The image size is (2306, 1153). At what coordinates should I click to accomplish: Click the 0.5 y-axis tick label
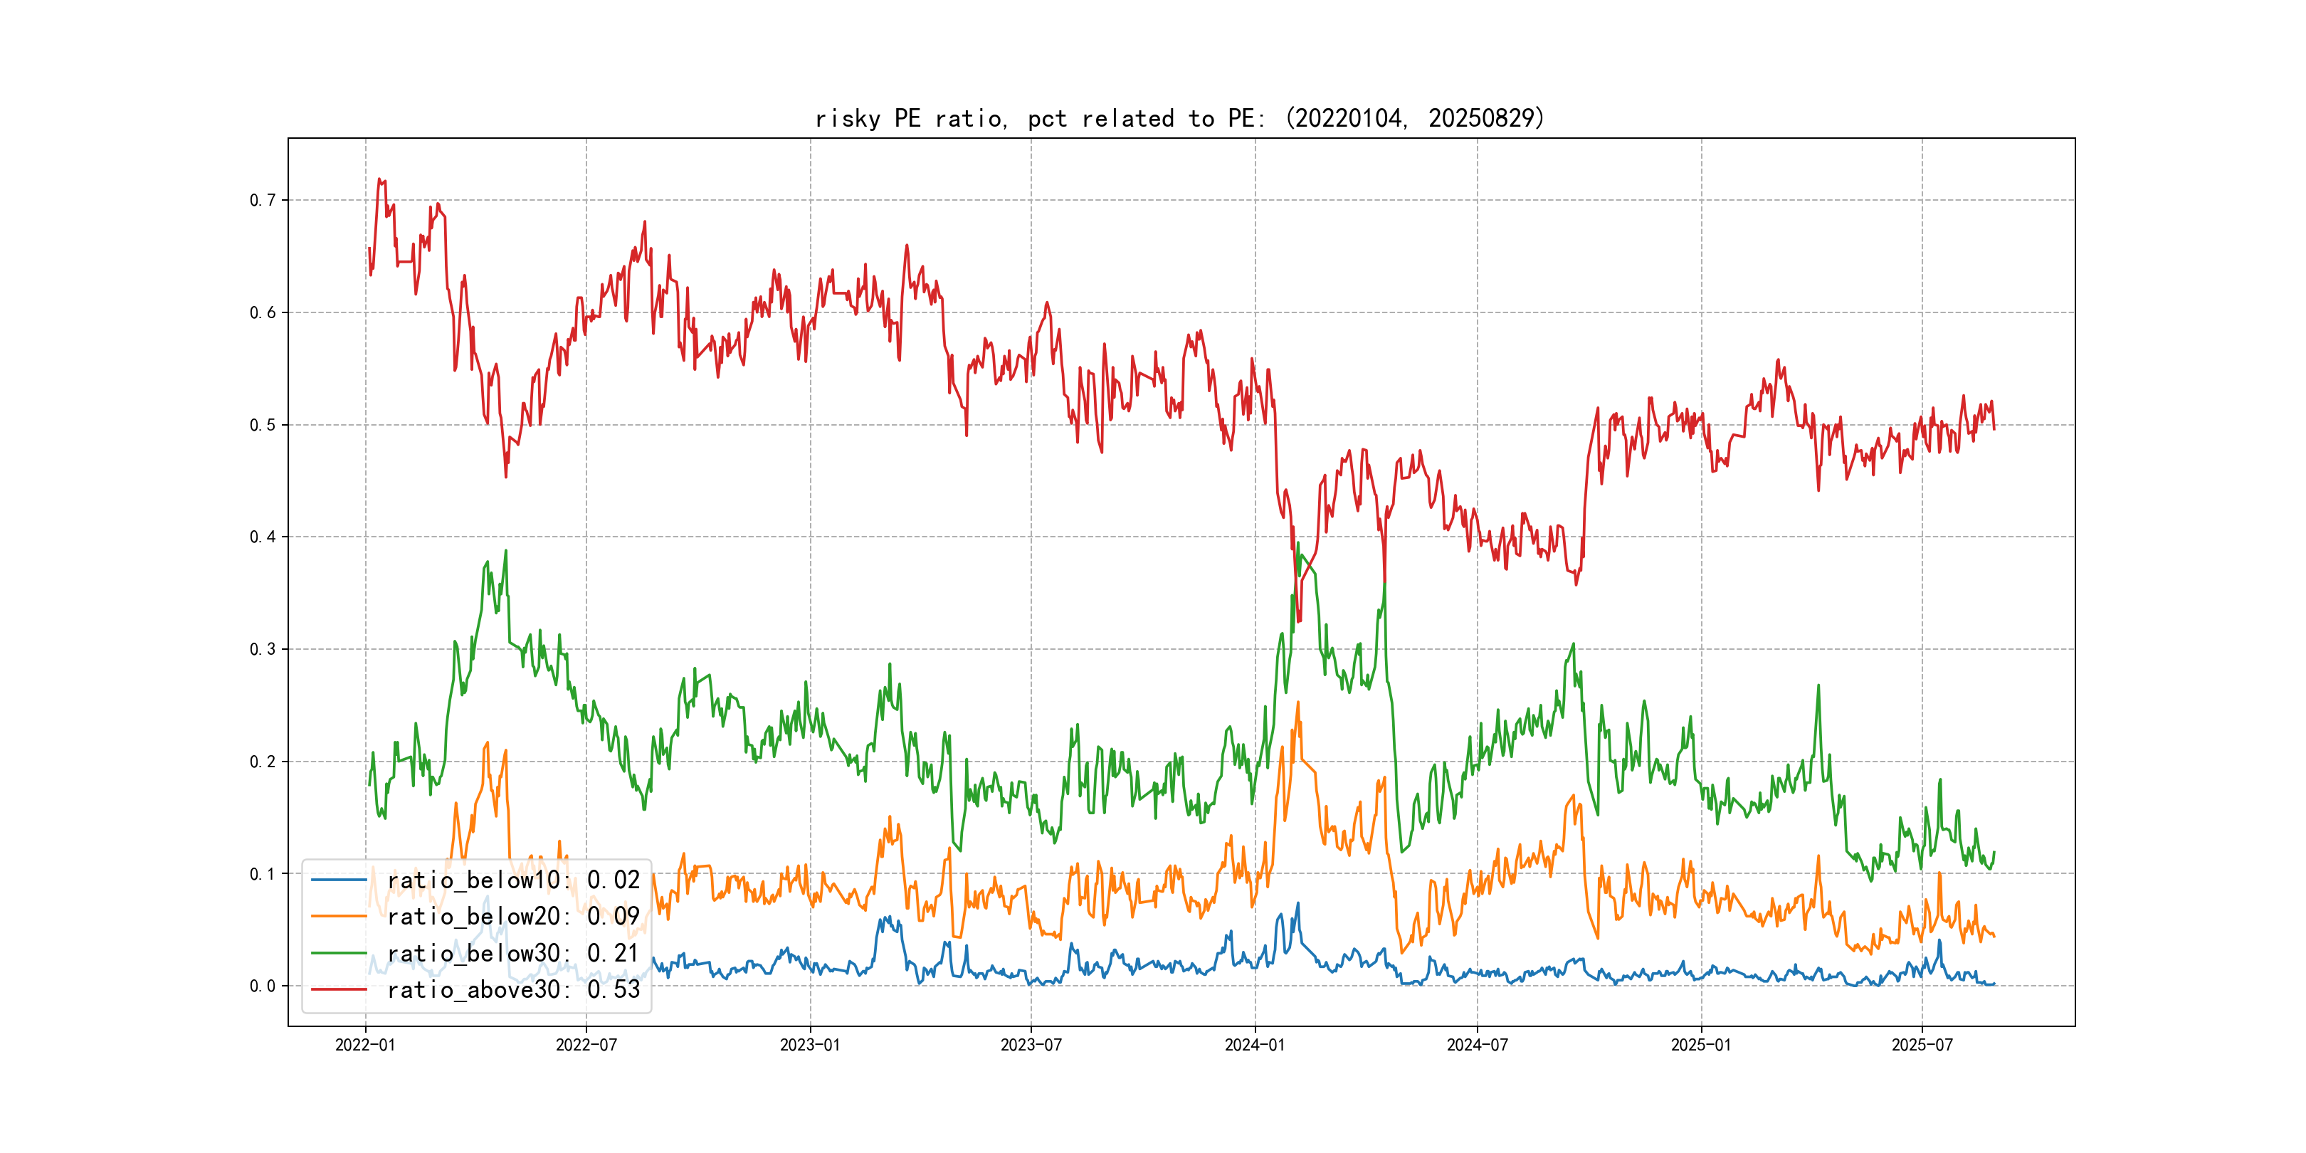pos(263,425)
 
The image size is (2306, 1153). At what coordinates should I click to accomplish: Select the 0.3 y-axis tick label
pos(263,650)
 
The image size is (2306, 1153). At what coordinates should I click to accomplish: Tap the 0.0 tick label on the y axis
pos(263,986)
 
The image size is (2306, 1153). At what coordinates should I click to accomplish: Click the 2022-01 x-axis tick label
pos(365,1046)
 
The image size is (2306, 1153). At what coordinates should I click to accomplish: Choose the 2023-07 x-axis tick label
pos(1031,1046)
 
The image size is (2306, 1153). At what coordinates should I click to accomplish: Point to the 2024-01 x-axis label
pos(1254,1046)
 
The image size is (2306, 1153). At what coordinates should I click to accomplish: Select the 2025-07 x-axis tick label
pos(1921,1046)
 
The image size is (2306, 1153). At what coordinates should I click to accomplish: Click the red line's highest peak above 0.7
pos(379,179)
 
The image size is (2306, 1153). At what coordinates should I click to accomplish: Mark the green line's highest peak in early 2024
pos(1298,543)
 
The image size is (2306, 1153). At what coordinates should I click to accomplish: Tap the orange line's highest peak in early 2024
pos(1298,702)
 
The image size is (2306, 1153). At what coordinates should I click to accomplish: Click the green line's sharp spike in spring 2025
pos(1818,685)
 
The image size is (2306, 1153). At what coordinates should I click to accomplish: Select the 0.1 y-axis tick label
pos(263,875)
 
